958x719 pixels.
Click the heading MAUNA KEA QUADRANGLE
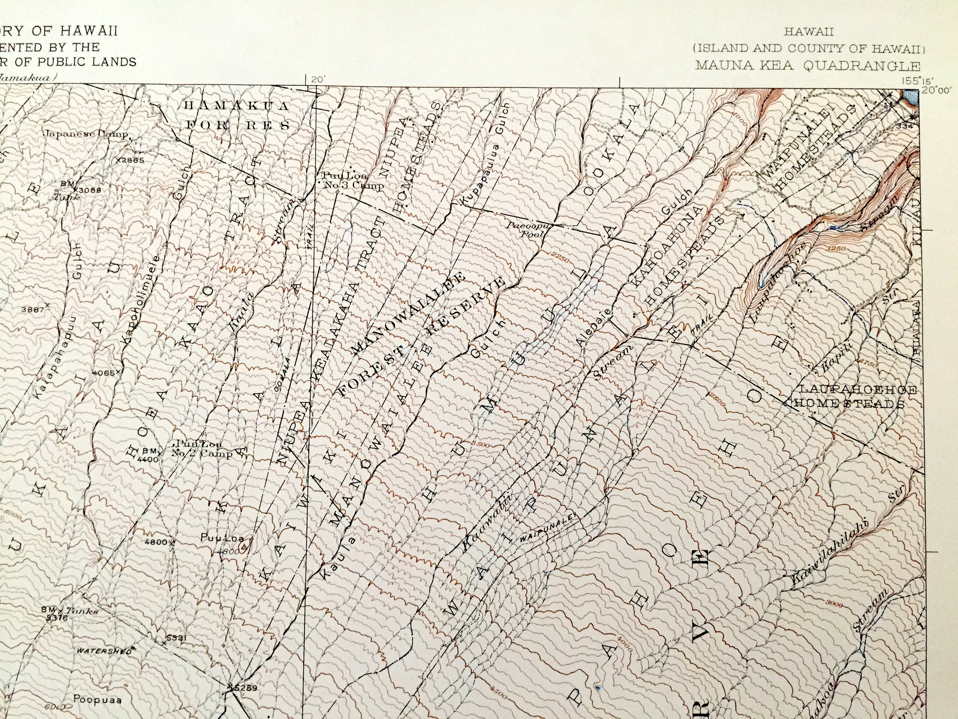[808, 66]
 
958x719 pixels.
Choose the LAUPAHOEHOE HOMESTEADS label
[851, 397]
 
